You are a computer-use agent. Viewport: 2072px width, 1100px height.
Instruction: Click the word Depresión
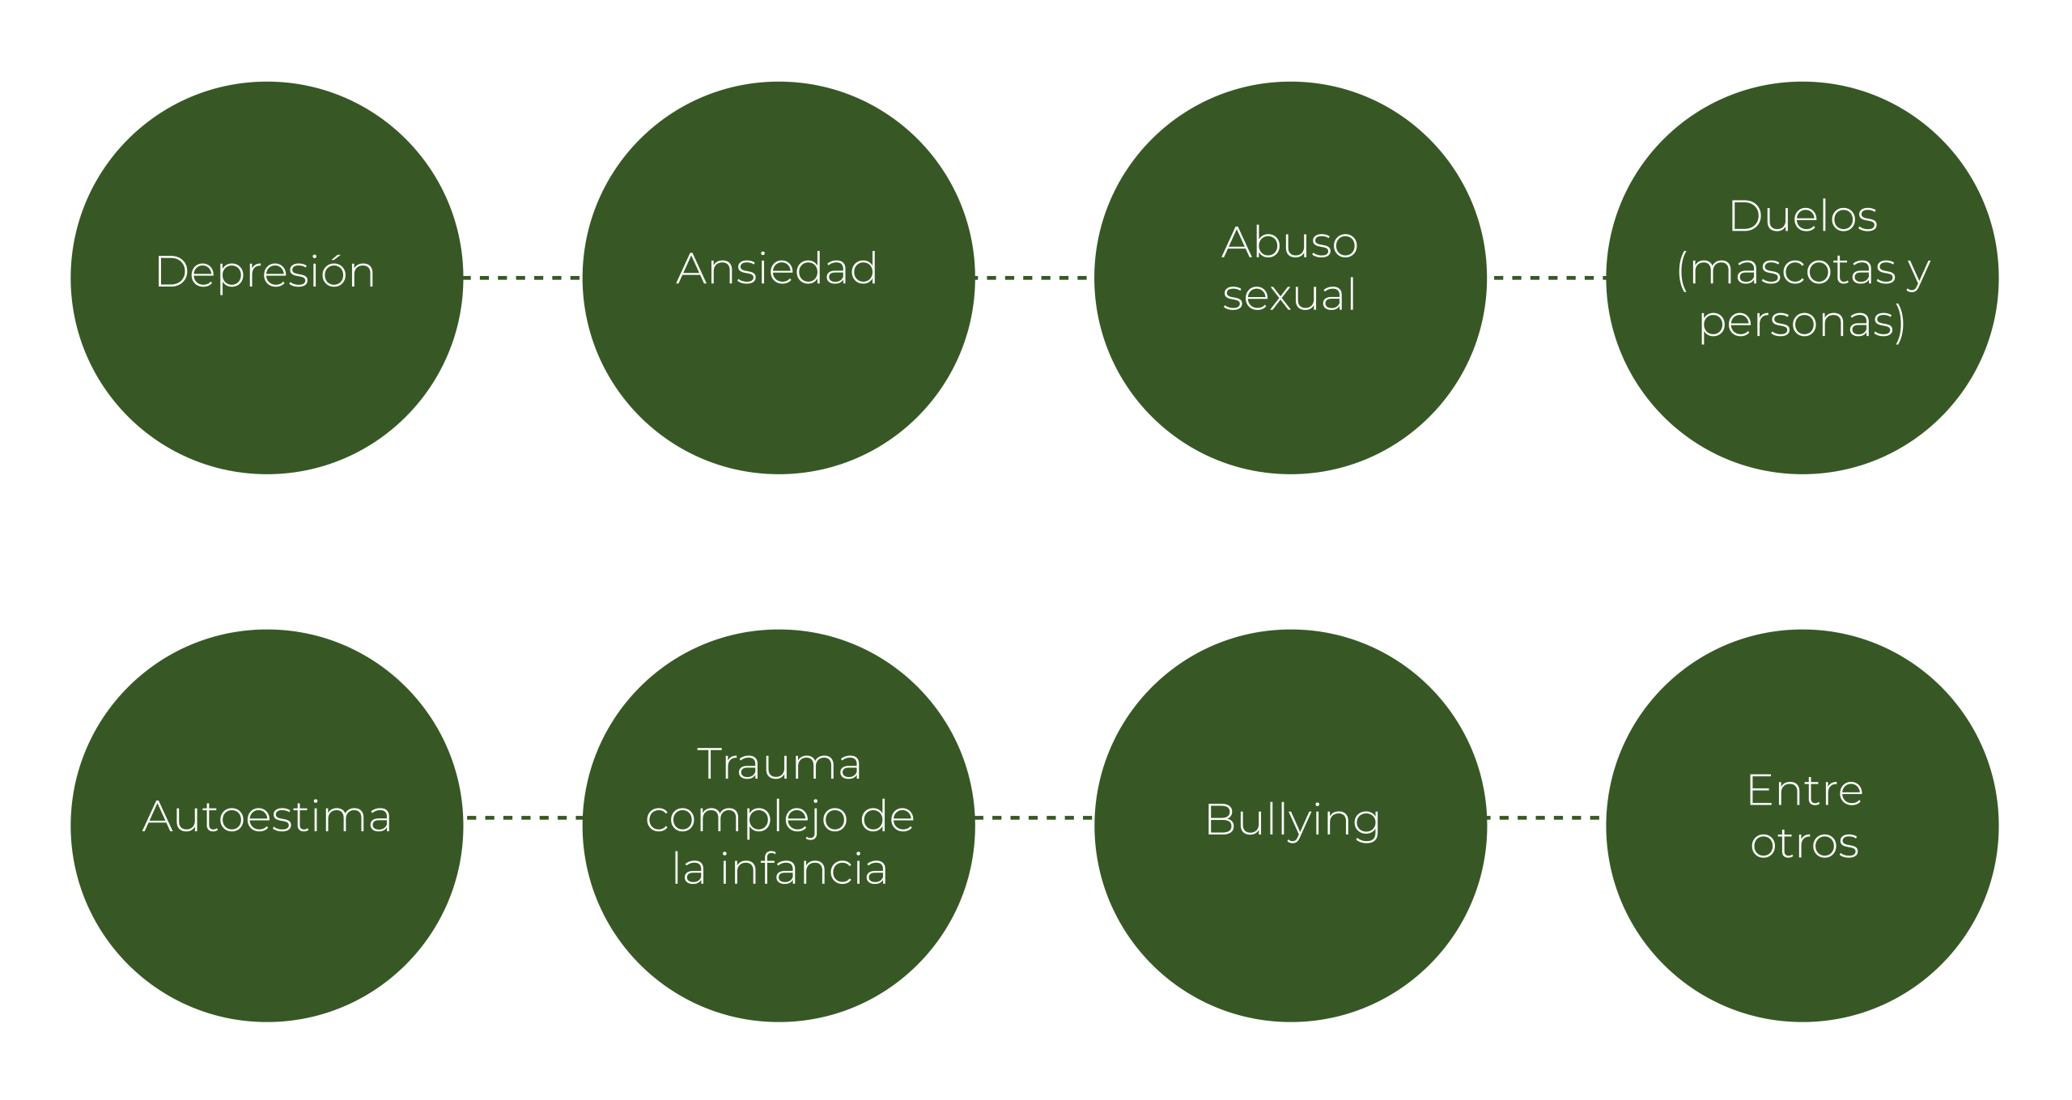[x=265, y=272]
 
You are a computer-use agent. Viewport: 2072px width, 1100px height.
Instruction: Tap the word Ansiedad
[x=777, y=268]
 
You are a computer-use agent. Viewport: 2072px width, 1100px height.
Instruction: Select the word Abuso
[x=1289, y=242]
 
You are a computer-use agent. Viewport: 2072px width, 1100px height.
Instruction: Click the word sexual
[x=1289, y=294]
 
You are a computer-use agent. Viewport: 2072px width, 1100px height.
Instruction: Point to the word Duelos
[x=1802, y=216]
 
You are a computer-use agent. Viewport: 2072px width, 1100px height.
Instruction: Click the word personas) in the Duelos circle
[x=1802, y=322]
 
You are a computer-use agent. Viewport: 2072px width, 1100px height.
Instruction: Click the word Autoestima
[x=267, y=816]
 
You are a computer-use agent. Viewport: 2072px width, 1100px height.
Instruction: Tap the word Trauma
[x=779, y=763]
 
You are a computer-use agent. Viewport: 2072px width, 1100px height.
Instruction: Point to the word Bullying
[x=1293, y=821]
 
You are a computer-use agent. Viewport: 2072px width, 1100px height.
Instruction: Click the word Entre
[x=1804, y=790]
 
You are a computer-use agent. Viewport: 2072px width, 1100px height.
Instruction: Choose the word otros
[x=1804, y=843]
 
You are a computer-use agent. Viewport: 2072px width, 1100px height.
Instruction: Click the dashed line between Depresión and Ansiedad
[x=522, y=278]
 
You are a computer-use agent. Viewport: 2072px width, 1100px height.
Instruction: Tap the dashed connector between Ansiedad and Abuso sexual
[x=1034, y=278]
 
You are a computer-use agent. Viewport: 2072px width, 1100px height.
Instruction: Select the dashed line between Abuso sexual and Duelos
[x=1547, y=278]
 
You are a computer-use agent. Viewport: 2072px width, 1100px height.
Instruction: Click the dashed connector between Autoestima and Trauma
[x=522, y=818]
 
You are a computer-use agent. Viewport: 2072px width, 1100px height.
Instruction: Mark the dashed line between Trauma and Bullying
[x=1034, y=818]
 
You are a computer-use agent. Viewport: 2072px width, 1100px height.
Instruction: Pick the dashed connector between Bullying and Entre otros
[x=1547, y=818]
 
